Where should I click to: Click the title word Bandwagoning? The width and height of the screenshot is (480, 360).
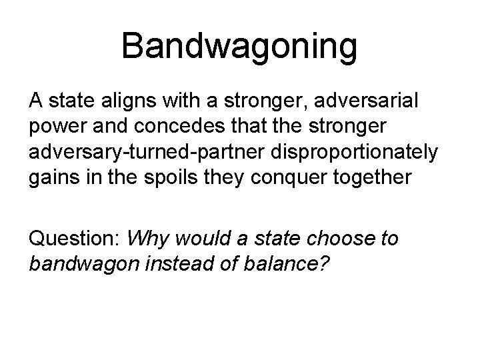pos(240,47)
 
